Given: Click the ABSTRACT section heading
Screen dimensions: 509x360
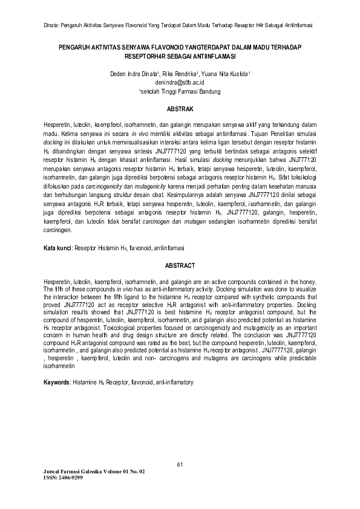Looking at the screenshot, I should click(180, 265).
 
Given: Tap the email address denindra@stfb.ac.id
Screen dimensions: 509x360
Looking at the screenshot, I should click(180, 81).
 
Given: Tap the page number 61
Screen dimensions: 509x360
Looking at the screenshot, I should click(180, 464).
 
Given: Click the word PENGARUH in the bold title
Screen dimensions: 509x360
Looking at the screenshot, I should click(75, 47).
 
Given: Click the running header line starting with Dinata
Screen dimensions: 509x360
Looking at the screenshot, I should click(180, 25).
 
